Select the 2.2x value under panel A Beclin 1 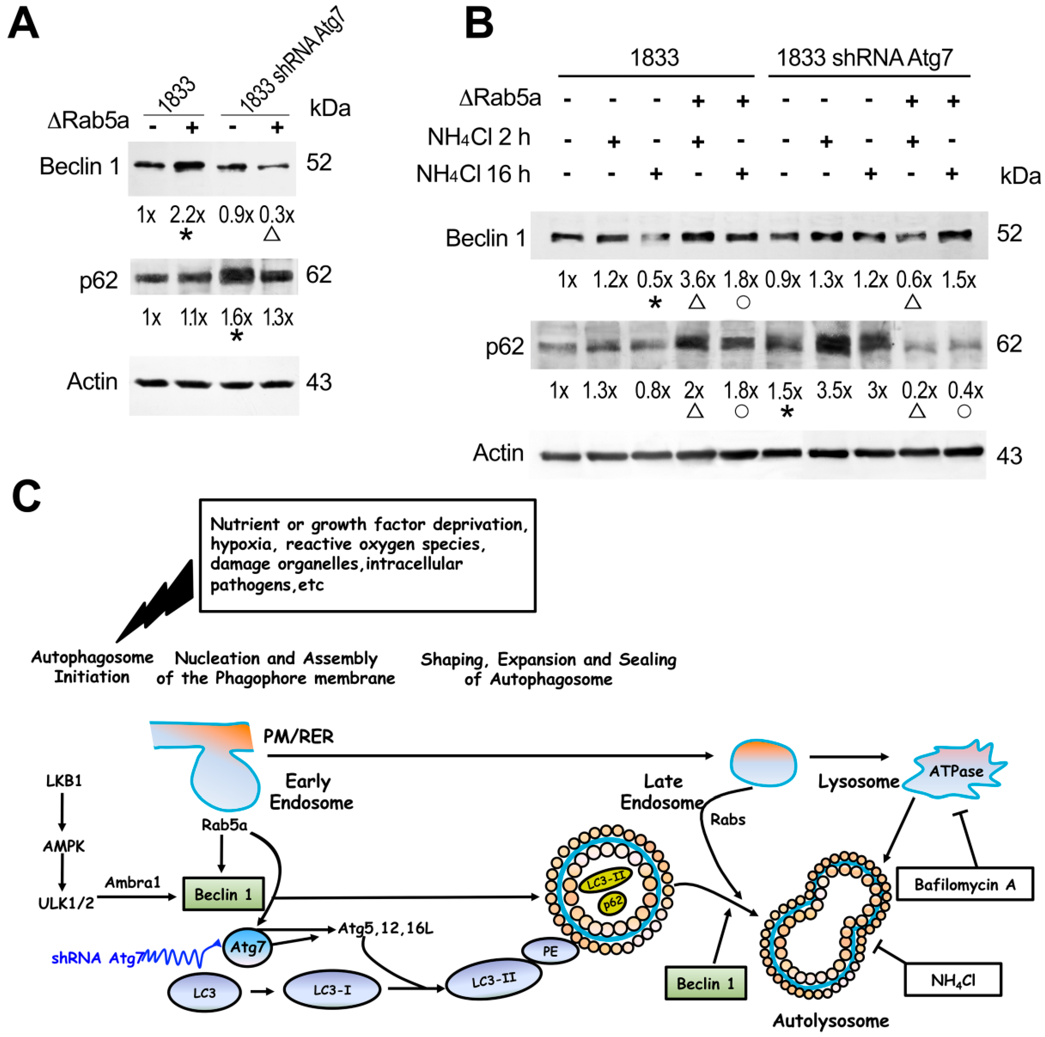pyautogui.click(x=187, y=215)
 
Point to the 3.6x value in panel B pyautogui.click(x=697, y=280)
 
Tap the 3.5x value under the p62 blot pyautogui.click(x=834, y=390)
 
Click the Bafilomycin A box pyautogui.click(x=964, y=884)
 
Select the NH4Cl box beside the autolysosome pyautogui.click(x=952, y=980)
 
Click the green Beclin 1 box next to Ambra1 pyautogui.click(x=223, y=894)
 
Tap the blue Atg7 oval pyautogui.click(x=247, y=947)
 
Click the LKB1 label pyautogui.click(x=64, y=781)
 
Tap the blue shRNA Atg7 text pyautogui.click(x=97, y=958)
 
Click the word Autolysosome pyautogui.click(x=830, y=1021)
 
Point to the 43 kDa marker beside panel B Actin pyautogui.click(x=1009, y=456)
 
